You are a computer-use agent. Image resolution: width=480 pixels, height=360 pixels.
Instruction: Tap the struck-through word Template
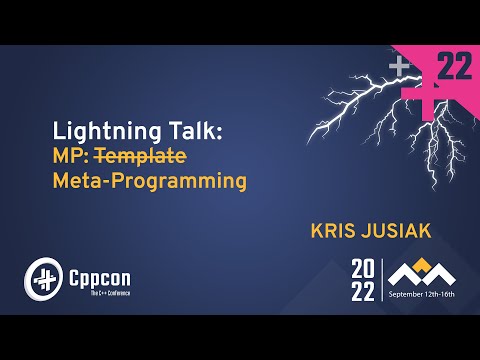pos(148,157)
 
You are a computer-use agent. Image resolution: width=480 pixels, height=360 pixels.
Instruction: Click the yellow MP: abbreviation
pos(76,157)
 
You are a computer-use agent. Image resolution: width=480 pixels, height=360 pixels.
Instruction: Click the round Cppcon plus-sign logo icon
pos(43,276)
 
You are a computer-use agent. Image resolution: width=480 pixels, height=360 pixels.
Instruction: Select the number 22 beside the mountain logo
pos(362,292)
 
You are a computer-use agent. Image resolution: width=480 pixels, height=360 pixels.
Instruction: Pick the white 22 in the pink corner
pos(455,67)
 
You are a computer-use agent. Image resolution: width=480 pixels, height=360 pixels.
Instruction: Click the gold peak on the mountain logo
pos(423,262)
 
